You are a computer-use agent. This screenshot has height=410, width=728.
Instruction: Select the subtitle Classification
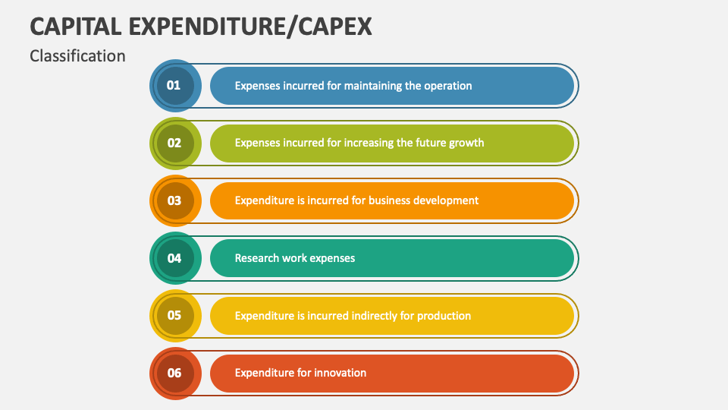tap(77, 56)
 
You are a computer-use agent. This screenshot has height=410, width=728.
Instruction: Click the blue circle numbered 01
tap(174, 86)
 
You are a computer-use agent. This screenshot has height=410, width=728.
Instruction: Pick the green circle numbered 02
tap(174, 143)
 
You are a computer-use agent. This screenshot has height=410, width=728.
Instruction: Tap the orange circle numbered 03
tap(174, 200)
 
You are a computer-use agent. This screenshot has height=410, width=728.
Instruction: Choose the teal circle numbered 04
tap(174, 258)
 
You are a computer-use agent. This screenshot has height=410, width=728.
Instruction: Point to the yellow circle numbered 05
tap(174, 315)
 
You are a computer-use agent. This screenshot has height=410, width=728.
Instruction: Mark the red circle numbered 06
tap(174, 373)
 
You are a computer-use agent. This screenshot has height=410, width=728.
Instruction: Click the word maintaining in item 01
tap(372, 86)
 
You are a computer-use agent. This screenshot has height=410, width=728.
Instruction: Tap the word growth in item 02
tap(466, 143)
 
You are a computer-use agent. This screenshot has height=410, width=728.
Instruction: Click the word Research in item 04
tap(256, 258)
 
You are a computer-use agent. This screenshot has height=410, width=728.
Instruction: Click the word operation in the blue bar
tap(447, 86)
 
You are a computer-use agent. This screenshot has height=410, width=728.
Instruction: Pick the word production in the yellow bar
tap(444, 315)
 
